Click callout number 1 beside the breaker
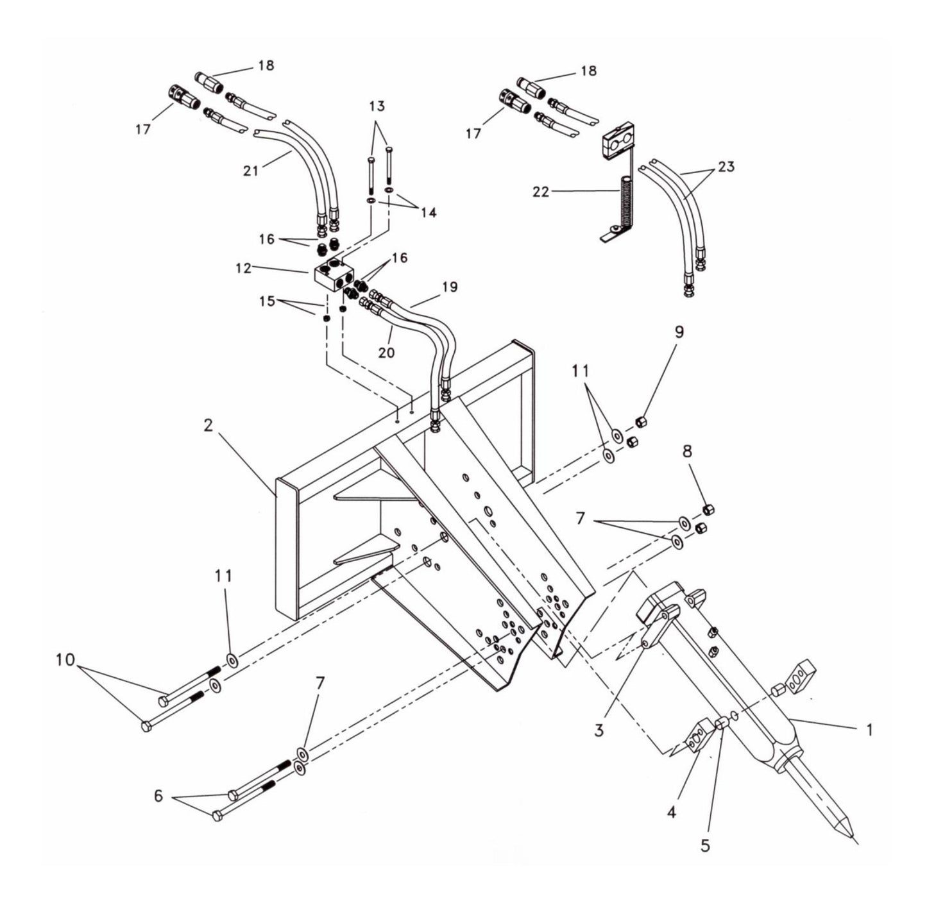point(869,730)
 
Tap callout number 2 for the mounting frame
point(208,426)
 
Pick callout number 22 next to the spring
point(540,191)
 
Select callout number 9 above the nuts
point(679,332)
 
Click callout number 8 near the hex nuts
point(687,451)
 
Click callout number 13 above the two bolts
point(377,105)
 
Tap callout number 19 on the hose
point(450,287)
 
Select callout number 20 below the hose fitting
point(386,351)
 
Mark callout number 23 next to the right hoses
point(726,167)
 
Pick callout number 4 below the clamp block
point(671,812)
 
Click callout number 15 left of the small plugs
point(268,300)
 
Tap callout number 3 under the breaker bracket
point(599,730)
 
